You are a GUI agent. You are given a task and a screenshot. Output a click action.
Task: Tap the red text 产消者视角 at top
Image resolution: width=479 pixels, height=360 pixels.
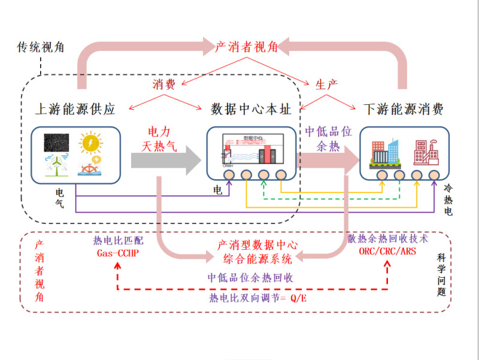[x=246, y=47]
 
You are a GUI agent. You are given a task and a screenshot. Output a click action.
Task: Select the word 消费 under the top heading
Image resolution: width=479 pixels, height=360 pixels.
[x=163, y=83]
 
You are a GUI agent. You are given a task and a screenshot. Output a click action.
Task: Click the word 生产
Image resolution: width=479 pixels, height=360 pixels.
[x=326, y=83]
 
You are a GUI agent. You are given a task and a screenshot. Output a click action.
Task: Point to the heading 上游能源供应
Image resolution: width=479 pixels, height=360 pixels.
[x=75, y=109]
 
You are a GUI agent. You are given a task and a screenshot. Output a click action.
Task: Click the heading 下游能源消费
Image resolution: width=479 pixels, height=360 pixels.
[x=404, y=109]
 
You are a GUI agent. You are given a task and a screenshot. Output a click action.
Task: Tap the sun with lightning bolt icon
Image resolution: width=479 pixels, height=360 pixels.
[x=90, y=143]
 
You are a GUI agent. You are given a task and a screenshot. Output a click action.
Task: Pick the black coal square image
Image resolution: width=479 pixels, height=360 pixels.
[x=56, y=143]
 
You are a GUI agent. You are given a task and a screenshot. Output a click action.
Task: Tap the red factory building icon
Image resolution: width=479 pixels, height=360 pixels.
[x=426, y=152]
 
